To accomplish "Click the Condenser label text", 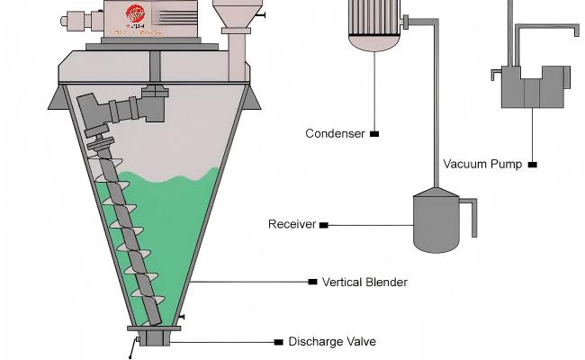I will pos(335,134).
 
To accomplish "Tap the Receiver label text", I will pos(292,224).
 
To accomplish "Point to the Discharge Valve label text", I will pos(331,342).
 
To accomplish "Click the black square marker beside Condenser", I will pos(374,134).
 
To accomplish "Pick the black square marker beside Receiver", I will pos(324,224).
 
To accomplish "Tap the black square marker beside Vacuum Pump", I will pos(533,165).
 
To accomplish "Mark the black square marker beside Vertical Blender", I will pos(312,282).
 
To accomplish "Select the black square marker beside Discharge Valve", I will pos(278,342).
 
